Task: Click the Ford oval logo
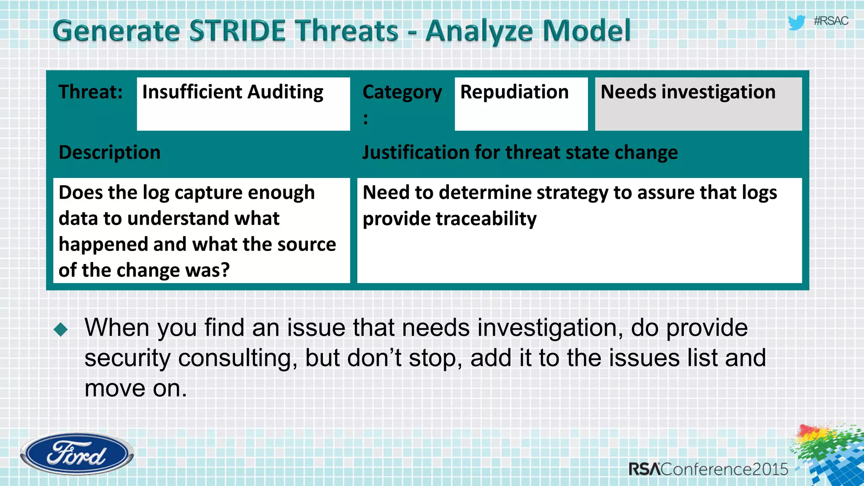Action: click(x=77, y=454)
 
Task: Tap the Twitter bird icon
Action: click(x=796, y=22)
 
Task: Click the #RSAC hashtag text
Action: click(x=831, y=21)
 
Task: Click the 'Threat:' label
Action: click(x=90, y=92)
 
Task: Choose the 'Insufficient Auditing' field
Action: click(x=243, y=103)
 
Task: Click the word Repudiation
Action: click(x=514, y=92)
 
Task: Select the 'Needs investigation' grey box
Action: click(x=698, y=103)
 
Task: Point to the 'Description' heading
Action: click(x=109, y=152)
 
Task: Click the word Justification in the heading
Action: click(x=415, y=152)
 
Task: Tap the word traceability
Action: click(x=486, y=219)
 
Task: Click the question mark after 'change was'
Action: click(x=225, y=270)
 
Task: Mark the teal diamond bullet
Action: click(x=61, y=329)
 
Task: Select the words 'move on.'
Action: click(x=135, y=388)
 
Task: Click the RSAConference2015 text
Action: click(x=708, y=469)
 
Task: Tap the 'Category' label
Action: click(x=402, y=92)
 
